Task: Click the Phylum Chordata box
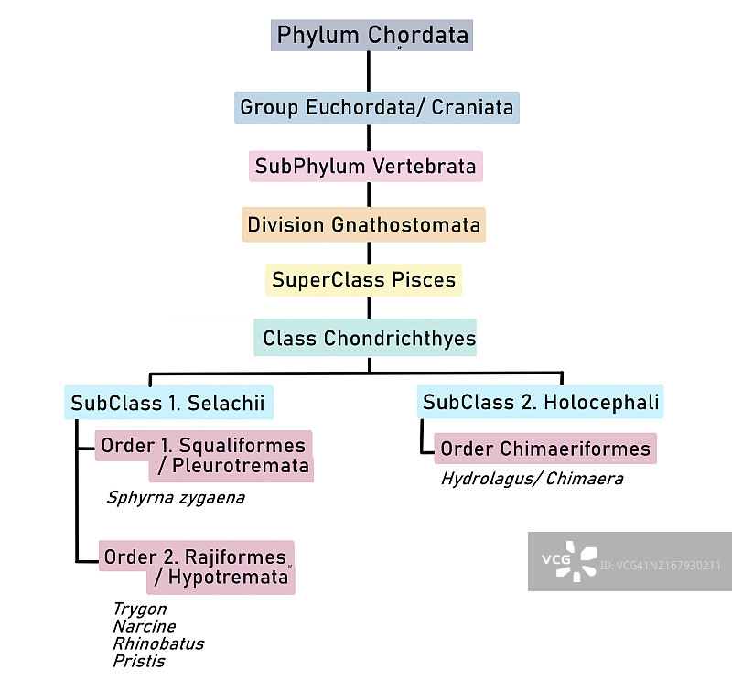tap(371, 36)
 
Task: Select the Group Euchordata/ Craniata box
tap(376, 108)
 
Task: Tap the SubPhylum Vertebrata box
tap(365, 167)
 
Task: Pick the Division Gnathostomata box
tap(363, 224)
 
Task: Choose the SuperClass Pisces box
tap(363, 280)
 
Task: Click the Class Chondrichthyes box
tap(369, 339)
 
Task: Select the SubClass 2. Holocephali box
tap(540, 402)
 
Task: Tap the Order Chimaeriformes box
tap(545, 449)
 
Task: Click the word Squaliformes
tap(242, 446)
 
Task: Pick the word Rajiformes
tap(236, 557)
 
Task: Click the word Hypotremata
tap(228, 578)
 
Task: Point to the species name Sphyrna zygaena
tap(176, 498)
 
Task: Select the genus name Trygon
tap(139, 609)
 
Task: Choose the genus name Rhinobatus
tap(157, 643)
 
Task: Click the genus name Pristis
tap(138, 661)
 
